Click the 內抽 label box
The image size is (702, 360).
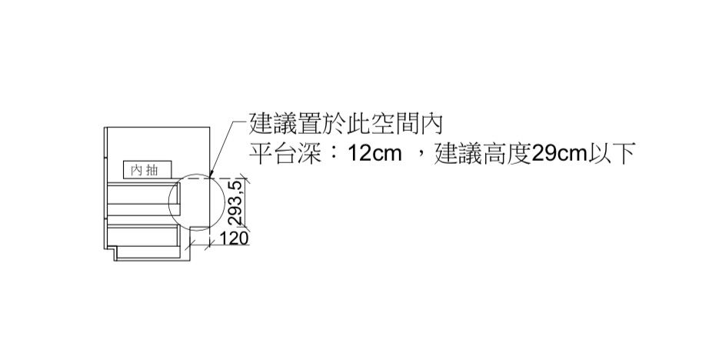click(x=148, y=170)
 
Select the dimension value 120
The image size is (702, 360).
click(x=233, y=238)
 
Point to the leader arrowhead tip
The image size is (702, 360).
click(x=210, y=178)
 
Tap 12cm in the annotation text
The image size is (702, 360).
click(x=374, y=154)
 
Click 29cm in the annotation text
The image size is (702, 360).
click(x=559, y=154)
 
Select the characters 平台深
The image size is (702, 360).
click(x=285, y=154)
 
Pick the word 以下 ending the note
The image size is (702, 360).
click(x=611, y=154)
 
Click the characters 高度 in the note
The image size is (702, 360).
click(x=507, y=154)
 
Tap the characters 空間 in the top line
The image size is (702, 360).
click(x=394, y=124)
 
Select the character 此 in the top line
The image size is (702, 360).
click(x=358, y=124)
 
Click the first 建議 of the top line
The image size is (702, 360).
click(x=273, y=124)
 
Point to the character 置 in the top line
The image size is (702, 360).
click(x=309, y=124)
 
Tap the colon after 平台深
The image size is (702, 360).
click(x=334, y=154)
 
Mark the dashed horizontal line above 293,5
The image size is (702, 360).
click(x=211, y=178)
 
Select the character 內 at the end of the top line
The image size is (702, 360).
click(x=431, y=124)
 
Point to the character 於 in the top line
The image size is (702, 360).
click(x=334, y=124)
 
